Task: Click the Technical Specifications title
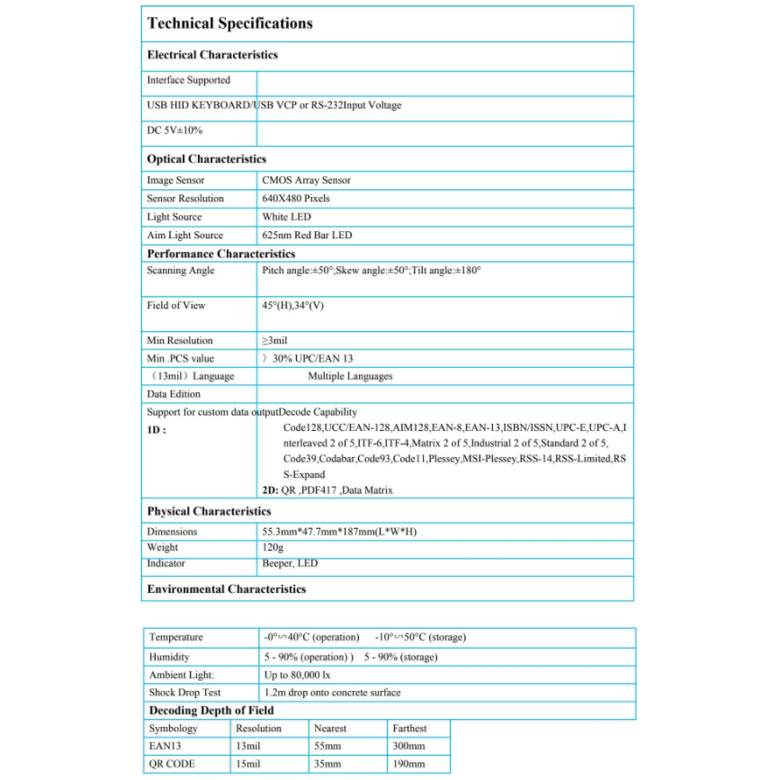[x=229, y=23]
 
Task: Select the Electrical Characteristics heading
[x=212, y=55]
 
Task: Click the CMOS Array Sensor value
[x=306, y=180]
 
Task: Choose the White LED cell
[x=286, y=217]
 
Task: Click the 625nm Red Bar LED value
[x=307, y=235]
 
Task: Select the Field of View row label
[x=176, y=305]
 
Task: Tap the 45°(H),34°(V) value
[x=292, y=305]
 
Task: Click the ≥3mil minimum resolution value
[x=275, y=340]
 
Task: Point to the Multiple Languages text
[x=350, y=376]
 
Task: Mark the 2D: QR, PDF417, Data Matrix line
[x=327, y=490]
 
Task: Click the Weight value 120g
[x=273, y=547]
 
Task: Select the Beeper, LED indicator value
[x=290, y=563]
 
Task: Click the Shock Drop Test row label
[x=185, y=693]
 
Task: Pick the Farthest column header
[x=409, y=728]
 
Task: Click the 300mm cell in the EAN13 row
[x=408, y=746]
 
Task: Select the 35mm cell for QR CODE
[x=327, y=764]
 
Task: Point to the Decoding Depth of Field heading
[x=211, y=710]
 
